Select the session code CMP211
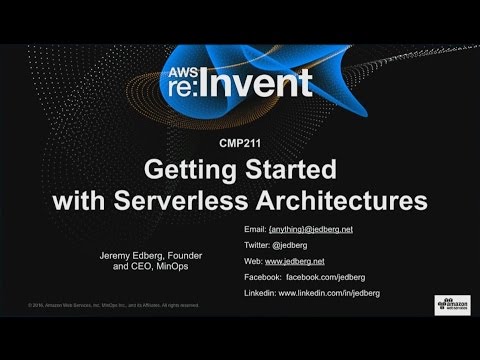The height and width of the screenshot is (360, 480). coord(240,144)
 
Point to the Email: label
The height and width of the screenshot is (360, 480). coord(256,229)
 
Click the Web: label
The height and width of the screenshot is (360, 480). coord(254,261)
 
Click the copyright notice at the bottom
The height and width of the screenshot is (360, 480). coord(105,304)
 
